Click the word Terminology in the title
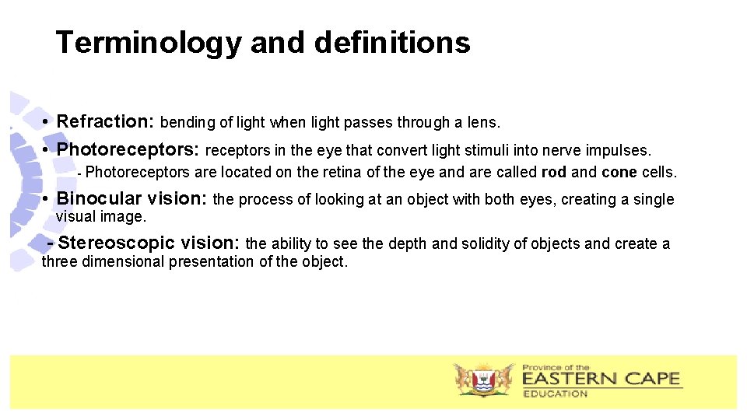coord(149,42)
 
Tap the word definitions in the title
coord(392,42)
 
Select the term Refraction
coord(105,121)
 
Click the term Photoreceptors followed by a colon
coord(128,149)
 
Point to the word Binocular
coord(100,198)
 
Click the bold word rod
coord(554,172)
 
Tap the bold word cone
coord(619,172)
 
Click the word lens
coord(486,122)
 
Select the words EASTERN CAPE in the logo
coord(601,380)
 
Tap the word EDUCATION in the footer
coord(556,394)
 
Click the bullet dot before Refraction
coord(47,123)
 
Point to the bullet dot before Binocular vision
coord(47,199)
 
